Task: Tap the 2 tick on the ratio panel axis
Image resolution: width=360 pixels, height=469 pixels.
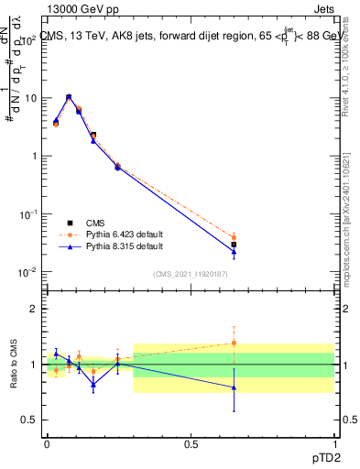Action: tap(34, 309)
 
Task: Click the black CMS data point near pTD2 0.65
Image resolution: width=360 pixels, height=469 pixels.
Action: tap(235, 245)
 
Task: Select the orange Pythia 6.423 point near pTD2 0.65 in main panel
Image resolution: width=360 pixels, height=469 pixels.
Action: tap(235, 237)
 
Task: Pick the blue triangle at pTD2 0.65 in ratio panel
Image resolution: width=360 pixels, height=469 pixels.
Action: tap(235, 387)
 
